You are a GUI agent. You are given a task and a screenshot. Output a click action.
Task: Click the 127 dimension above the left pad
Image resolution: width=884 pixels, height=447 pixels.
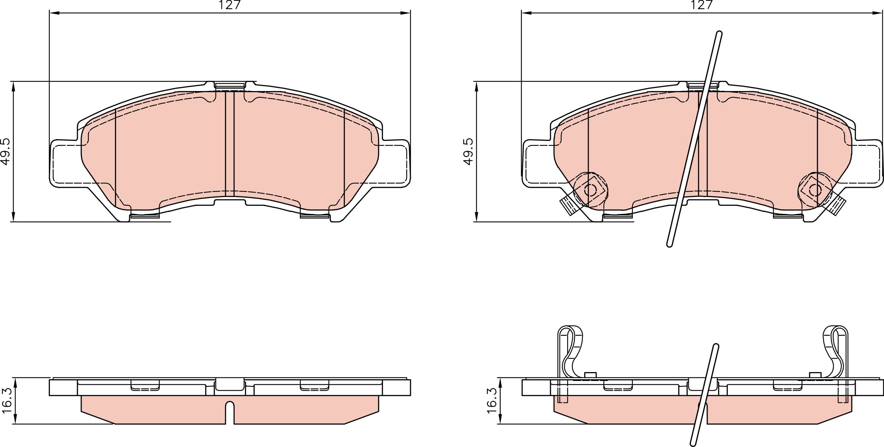pyautogui.click(x=229, y=5)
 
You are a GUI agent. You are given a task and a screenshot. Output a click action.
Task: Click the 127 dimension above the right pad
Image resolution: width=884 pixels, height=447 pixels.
pyautogui.click(x=702, y=5)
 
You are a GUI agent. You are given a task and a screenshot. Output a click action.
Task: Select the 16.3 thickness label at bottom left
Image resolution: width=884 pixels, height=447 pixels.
pyautogui.click(x=7, y=401)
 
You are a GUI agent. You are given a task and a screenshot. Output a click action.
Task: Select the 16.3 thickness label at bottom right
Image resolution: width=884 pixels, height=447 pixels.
pyautogui.click(x=492, y=401)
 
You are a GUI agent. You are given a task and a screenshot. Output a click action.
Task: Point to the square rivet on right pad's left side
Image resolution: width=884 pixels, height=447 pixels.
pyautogui.click(x=590, y=190)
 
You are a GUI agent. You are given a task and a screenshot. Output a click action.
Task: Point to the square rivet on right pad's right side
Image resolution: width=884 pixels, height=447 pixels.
pyautogui.click(x=815, y=190)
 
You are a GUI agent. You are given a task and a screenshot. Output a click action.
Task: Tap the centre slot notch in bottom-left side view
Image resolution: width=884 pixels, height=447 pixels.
pyautogui.click(x=230, y=411)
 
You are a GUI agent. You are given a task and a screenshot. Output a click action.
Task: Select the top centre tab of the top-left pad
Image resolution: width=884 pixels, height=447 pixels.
pyautogui.click(x=230, y=85)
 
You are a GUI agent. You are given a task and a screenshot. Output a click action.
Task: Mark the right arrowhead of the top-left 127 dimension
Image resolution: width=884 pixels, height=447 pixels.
pyautogui.click(x=406, y=13)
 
